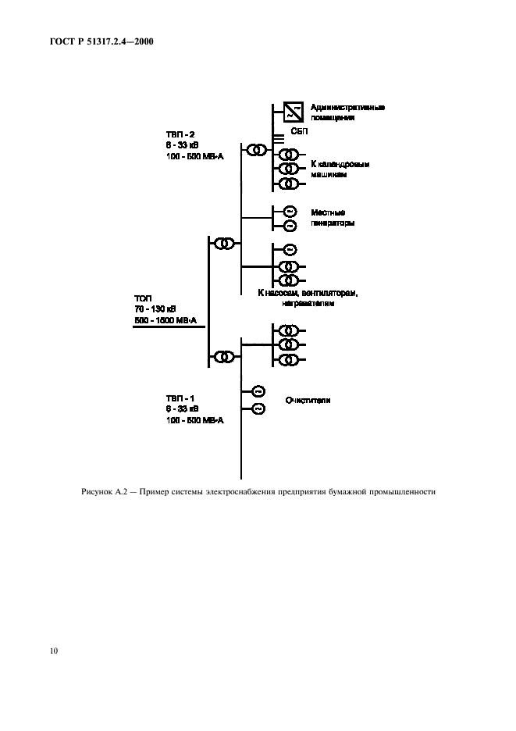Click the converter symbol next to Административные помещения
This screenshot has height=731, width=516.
point(292,112)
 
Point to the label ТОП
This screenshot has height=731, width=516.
point(144,299)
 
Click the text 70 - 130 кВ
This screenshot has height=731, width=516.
point(155,310)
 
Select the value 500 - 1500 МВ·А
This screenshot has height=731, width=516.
point(165,321)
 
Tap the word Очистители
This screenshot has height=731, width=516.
point(308,400)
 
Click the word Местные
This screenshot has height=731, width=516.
point(328,212)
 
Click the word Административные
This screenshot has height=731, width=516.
point(347,107)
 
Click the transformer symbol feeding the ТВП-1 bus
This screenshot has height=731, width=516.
point(225,357)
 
